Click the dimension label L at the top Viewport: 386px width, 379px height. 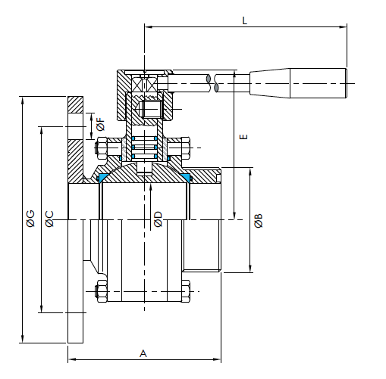click(244, 20)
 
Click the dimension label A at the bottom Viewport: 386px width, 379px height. click(143, 353)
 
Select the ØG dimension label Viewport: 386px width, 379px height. click(30, 219)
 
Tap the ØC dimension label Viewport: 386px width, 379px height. click(49, 219)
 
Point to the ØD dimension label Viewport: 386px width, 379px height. click(158, 219)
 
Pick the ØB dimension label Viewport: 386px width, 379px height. click(259, 221)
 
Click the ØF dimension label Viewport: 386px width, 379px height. click(101, 124)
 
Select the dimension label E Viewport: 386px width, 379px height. click(243, 137)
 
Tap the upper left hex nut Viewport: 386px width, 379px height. click(102, 148)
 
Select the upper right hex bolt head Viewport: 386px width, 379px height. click(186, 148)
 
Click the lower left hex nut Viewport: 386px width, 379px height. click(102, 291)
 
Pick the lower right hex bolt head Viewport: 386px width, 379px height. click(186, 291)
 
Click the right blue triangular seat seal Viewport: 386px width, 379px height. click(186, 177)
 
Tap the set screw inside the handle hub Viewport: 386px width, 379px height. click(151, 109)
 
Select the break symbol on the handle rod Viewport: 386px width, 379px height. click(212, 83)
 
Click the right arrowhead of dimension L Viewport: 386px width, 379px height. click(344, 26)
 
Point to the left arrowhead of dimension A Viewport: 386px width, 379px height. click(72, 359)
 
